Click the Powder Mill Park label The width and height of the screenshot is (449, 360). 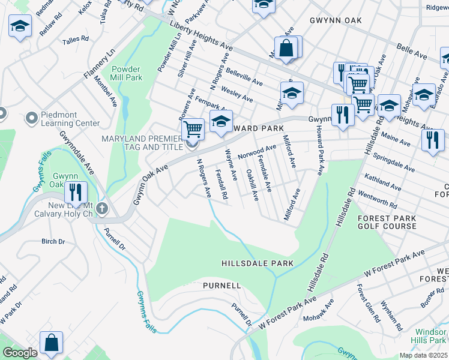126,73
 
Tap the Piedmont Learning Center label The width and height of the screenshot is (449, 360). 70,119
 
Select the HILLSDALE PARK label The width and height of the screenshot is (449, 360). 257,263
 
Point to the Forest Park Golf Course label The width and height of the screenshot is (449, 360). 387,222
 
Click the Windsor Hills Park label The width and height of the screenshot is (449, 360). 431,336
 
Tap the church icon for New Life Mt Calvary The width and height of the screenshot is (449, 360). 102,209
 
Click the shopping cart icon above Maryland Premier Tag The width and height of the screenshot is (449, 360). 193,128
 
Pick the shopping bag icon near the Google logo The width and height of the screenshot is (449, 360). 51,343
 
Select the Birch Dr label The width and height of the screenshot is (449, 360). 53,241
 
